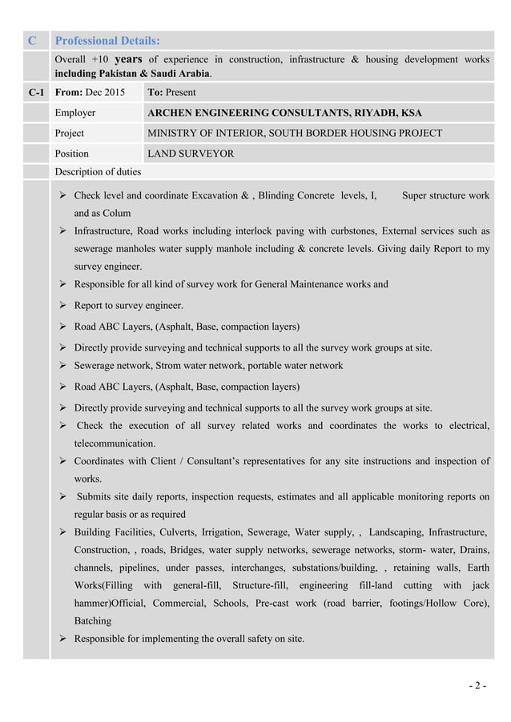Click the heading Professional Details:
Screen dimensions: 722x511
pos(107,40)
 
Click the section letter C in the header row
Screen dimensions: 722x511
pos(32,40)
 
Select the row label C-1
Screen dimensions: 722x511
pos(35,93)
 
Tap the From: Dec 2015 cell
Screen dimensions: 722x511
pos(90,93)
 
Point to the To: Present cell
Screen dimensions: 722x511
pos(172,93)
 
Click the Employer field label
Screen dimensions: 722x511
pos(75,113)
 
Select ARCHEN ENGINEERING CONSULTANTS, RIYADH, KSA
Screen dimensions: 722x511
pos(285,113)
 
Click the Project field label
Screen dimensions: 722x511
pos(70,133)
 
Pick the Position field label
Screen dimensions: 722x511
pos(72,153)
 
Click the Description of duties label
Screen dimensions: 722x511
pos(98,171)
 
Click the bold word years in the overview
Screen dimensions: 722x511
pos(131,58)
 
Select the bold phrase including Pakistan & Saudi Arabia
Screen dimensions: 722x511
pos(133,73)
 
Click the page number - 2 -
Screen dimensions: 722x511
pos(479,685)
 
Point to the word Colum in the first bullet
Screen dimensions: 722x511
pos(115,213)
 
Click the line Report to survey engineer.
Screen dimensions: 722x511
pos(128,305)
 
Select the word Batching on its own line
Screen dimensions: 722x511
pos(93,620)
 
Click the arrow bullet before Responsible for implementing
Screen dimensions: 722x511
pos(63,639)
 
